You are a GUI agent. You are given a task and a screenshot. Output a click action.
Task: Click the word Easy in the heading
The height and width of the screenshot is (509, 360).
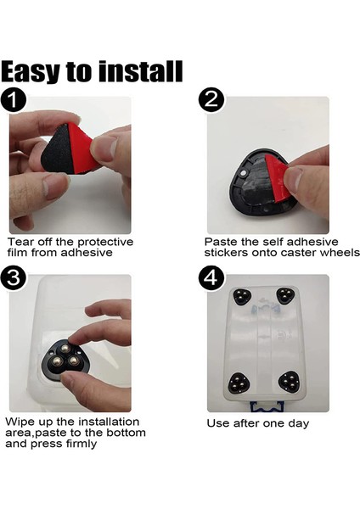[x=31, y=72]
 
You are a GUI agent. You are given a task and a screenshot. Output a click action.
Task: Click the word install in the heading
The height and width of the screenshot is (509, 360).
[x=140, y=70]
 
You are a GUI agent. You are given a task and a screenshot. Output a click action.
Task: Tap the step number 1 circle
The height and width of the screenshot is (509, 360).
[x=13, y=100]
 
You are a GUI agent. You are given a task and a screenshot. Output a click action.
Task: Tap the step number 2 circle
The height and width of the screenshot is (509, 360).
[x=211, y=99]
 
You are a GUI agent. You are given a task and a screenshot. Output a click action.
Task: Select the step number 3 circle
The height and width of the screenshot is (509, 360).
[x=13, y=278]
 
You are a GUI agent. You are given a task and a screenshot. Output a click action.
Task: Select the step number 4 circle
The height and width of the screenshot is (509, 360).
[x=211, y=278]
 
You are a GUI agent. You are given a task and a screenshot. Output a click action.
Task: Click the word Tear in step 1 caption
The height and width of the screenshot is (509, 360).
[x=20, y=242]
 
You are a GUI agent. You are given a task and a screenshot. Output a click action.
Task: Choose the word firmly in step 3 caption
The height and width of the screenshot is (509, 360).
[x=82, y=444]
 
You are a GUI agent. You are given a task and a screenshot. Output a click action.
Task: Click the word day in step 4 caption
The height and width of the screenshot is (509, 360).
[x=298, y=424]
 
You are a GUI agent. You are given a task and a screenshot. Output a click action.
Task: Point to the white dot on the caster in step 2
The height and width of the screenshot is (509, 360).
[x=244, y=174]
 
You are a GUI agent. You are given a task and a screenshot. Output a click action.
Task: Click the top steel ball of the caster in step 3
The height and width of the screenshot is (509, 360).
[x=65, y=349]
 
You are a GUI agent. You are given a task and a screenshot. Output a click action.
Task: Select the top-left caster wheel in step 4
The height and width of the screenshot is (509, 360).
[x=242, y=296]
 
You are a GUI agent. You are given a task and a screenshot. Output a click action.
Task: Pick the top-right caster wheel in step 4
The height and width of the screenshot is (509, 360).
[x=285, y=296]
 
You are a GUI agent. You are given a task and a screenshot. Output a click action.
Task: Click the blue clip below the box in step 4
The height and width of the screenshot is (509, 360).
[x=267, y=406]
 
